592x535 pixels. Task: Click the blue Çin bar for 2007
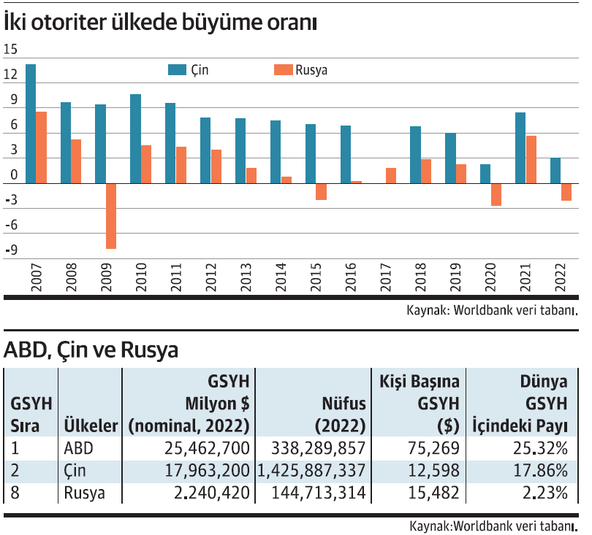(x=31, y=123)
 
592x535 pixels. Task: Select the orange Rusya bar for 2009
(x=111, y=216)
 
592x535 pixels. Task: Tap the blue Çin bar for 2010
(x=135, y=139)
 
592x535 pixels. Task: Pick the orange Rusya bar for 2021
(x=531, y=159)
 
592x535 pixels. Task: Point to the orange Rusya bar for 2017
(x=391, y=175)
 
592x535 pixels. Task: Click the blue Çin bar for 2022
(x=555, y=170)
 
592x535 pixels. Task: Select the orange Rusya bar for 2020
(x=496, y=194)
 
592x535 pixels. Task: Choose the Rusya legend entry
(x=300, y=70)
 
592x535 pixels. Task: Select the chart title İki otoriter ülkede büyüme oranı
(x=160, y=23)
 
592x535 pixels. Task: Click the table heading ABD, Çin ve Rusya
(x=91, y=351)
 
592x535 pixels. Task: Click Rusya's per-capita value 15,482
(x=436, y=493)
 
